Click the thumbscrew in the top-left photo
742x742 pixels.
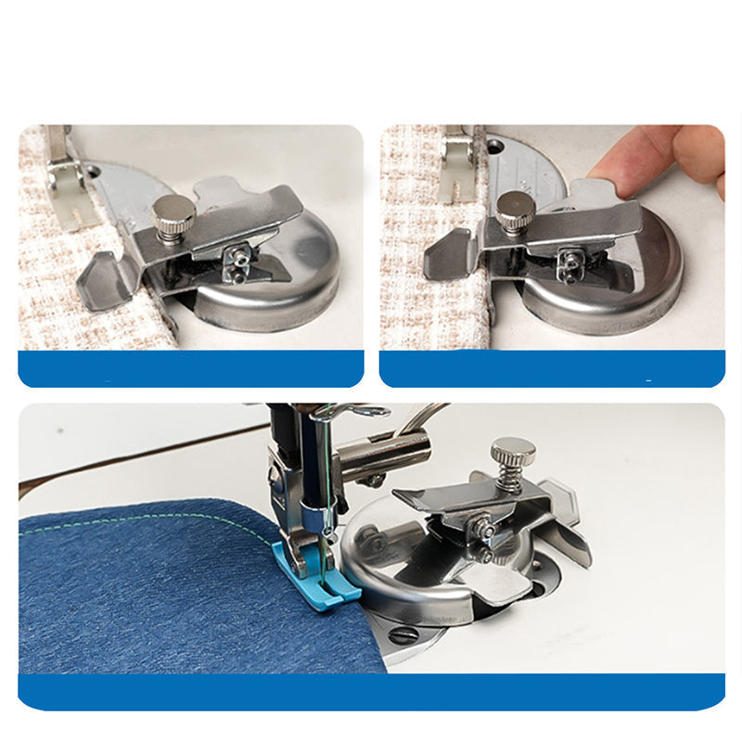[174, 215]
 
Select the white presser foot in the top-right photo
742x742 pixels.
[457, 167]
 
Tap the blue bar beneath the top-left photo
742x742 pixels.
[190, 368]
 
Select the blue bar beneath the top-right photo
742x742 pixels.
[552, 368]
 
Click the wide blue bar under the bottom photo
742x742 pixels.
[371, 692]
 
